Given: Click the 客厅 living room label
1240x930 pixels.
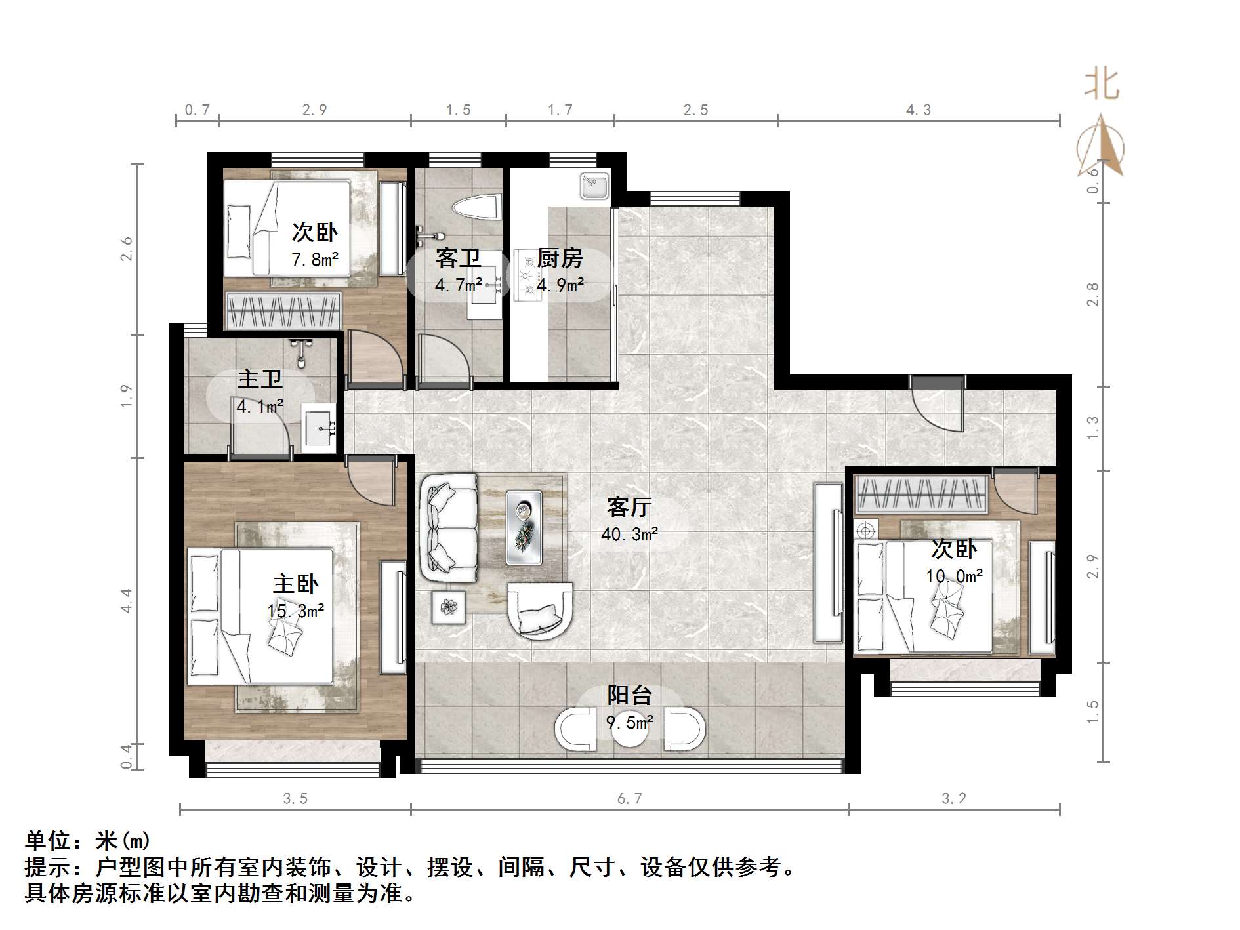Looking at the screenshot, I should [629, 507].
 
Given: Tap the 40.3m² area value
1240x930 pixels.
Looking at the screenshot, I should [629, 535].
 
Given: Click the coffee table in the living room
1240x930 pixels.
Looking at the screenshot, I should [524, 528].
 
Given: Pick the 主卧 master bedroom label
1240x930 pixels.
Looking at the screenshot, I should [295, 584].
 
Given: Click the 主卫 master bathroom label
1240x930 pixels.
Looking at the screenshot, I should [260, 379].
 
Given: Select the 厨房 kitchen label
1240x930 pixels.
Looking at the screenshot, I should [560, 258].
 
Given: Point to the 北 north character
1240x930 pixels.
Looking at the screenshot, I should [1102, 85].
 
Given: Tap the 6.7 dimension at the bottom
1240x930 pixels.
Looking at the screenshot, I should [629, 799].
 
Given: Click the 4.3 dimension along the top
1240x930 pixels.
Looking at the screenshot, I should [918, 110].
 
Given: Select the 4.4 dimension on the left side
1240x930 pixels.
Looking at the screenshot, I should [126, 600].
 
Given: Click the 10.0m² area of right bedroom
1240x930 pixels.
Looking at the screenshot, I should [954, 576].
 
